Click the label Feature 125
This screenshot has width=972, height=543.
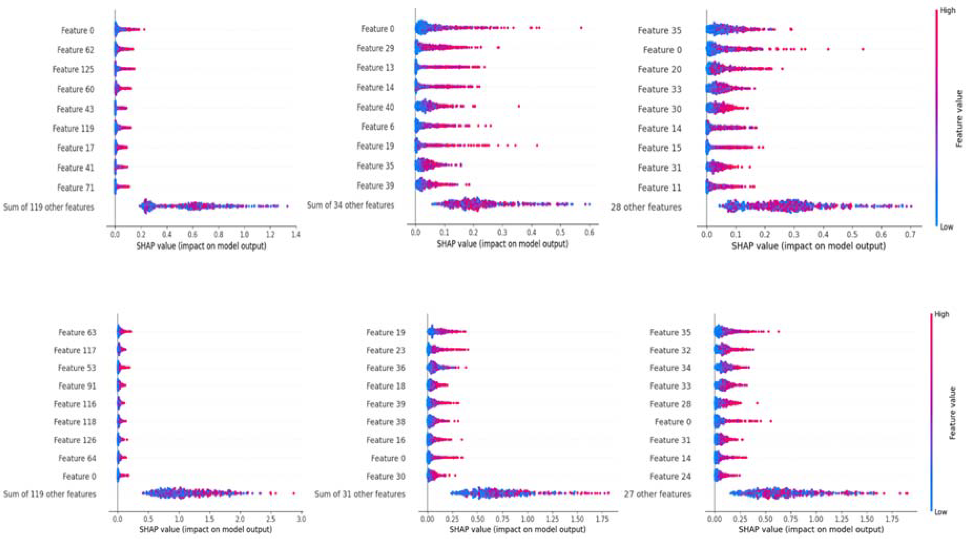click(73, 69)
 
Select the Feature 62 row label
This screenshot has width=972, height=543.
click(75, 50)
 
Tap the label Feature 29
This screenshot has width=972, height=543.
click(376, 48)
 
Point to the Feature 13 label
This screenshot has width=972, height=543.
click(376, 67)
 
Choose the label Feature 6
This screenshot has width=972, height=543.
click(378, 127)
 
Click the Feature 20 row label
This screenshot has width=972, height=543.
click(659, 69)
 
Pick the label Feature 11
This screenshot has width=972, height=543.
click(659, 187)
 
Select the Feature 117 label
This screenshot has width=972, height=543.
click(75, 350)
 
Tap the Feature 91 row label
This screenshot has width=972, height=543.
click(77, 386)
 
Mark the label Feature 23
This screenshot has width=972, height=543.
click(386, 350)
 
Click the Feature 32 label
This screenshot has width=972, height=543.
click(670, 350)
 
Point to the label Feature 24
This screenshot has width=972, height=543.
click(670, 476)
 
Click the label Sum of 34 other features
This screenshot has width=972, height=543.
click(351, 205)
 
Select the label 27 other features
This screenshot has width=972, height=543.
click(657, 494)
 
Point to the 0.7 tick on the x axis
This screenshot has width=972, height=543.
click(910, 234)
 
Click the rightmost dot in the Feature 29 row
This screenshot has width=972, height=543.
click(498, 48)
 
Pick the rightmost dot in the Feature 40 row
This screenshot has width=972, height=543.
click(519, 106)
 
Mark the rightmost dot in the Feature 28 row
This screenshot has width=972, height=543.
click(757, 403)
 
